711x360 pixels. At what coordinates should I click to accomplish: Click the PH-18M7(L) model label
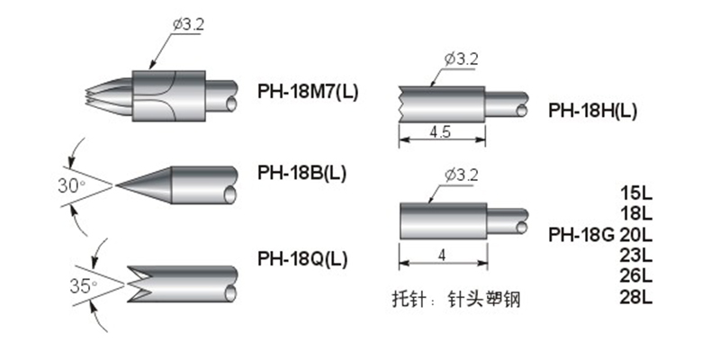click(308, 92)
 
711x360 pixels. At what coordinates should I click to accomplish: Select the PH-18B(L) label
click(302, 173)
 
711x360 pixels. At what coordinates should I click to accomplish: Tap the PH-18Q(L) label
click(302, 259)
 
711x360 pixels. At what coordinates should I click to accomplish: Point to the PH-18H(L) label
click(593, 111)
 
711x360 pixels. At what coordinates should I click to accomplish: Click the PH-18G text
click(581, 235)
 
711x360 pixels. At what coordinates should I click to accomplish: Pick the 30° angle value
click(72, 185)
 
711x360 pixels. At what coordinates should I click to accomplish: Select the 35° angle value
click(84, 285)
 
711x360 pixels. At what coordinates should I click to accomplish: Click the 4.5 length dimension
click(440, 131)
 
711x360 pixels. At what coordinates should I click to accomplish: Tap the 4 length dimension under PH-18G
click(442, 256)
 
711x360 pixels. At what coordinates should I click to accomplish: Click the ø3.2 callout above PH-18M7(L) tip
click(188, 24)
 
